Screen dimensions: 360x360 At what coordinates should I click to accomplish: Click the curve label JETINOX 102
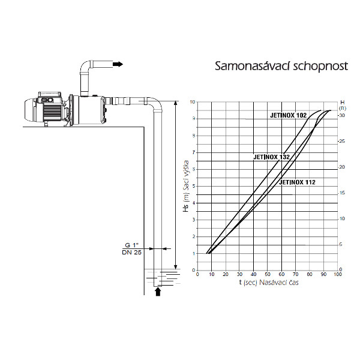point(289,115)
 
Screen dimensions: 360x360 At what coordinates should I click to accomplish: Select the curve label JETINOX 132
point(272,157)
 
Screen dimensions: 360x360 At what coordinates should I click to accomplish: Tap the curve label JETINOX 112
point(297,182)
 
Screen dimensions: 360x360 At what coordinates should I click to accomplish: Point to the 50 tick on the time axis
point(268,274)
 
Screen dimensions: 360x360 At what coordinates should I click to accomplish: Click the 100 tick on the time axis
point(338,274)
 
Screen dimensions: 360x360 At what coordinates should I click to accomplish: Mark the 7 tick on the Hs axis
point(194,152)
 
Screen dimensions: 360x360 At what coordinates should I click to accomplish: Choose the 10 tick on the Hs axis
point(193,102)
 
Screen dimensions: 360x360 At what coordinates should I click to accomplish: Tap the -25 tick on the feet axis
point(341,141)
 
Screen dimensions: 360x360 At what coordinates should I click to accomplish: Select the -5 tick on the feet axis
point(340,245)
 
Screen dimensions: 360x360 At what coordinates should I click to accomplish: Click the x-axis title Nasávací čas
point(279,283)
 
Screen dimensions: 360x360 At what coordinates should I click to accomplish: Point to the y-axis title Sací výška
point(186,176)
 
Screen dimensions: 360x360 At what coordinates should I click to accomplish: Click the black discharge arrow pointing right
point(118,64)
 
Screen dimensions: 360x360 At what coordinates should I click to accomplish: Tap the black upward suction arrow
point(158,292)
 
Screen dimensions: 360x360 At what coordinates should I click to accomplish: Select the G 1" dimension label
point(131,245)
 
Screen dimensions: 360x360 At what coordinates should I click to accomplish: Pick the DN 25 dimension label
point(131,253)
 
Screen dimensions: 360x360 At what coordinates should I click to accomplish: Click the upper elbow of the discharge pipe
point(86,66)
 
